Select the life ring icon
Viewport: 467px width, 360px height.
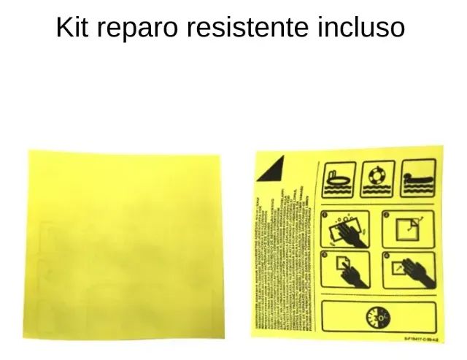point(377,180)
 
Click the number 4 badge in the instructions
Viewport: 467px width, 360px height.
point(387,256)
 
